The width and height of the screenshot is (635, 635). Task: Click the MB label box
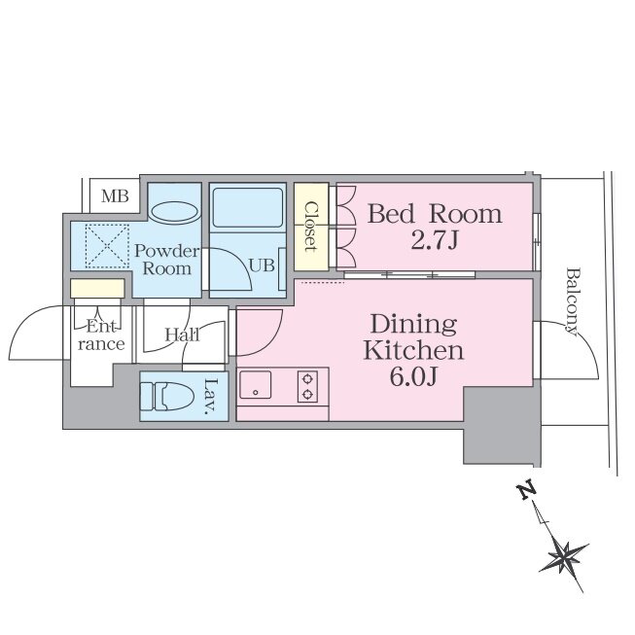pos(115,196)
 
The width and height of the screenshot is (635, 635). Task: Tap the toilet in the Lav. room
pos(166,396)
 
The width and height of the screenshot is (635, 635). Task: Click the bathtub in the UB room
pos(248,207)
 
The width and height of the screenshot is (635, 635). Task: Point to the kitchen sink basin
pos(256,384)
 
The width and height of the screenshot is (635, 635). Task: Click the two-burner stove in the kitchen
pos(308,386)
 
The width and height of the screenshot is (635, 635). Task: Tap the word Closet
pos(311,228)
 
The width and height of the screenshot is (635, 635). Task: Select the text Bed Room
pos(435,214)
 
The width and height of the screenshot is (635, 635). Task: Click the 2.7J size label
pos(434,240)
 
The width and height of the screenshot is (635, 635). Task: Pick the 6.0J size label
pos(413,377)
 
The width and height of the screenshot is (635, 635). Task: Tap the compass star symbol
pos(563,557)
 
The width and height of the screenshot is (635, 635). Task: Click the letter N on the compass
pos(527,490)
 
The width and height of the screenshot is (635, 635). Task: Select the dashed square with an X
pos(107,246)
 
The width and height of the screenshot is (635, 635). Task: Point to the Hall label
pos(182,335)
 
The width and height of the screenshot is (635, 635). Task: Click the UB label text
pos(262,265)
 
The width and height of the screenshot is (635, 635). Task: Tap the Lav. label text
pos(211,397)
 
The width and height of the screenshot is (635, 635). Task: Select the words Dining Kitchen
pos(413,337)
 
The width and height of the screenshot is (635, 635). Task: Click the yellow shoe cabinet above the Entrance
pos(97,289)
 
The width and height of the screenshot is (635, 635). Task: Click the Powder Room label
pos(167,260)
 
